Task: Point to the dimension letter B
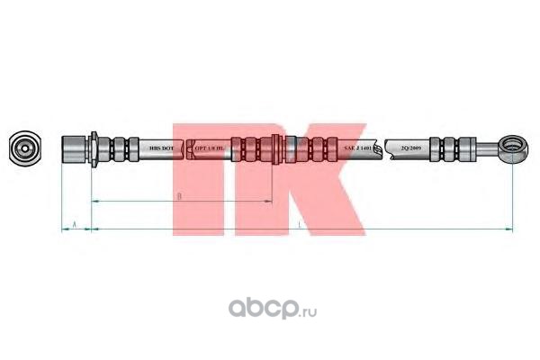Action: click(x=179, y=195)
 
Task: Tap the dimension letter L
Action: click(x=298, y=222)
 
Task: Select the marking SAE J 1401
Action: click(x=360, y=148)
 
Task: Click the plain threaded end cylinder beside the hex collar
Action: click(x=73, y=148)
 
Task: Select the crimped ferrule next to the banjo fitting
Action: click(x=450, y=148)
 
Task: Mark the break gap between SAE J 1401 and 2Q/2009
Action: click(x=382, y=148)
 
